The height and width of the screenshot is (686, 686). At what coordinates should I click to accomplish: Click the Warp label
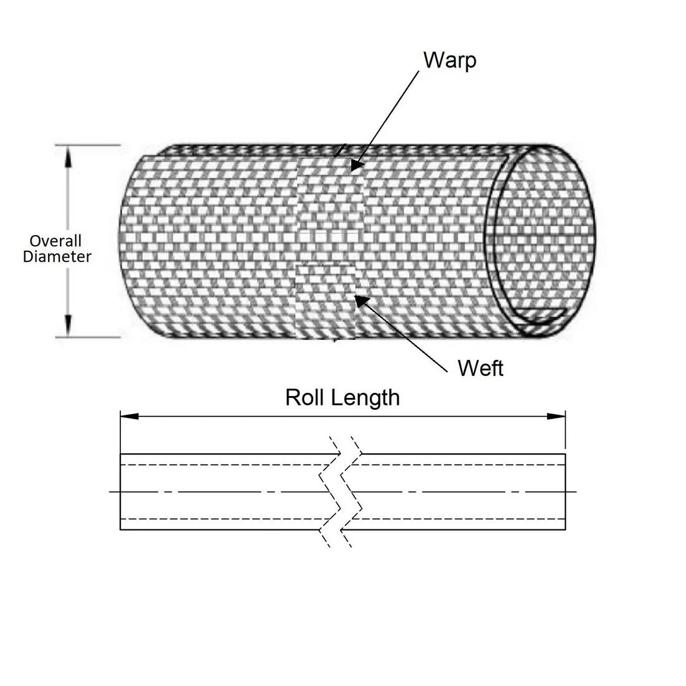(x=450, y=60)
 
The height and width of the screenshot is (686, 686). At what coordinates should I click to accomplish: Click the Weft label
(x=480, y=368)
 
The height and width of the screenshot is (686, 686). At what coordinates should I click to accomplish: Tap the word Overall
(x=56, y=241)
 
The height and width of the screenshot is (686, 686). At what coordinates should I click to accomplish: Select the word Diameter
(x=57, y=256)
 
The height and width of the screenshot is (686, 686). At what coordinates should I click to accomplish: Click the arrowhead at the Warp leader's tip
(x=357, y=165)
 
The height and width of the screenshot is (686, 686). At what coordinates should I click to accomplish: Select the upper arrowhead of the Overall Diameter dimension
(x=68, y=157)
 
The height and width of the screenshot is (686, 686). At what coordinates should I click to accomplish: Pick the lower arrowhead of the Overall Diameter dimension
(x=68, y=326)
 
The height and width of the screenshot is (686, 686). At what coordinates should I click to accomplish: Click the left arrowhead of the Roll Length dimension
(x=130, y=416)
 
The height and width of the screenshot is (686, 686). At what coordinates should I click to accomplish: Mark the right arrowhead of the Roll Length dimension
(x=556, y=416)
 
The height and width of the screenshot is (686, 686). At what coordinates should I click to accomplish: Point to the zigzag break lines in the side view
(x=341, y=491)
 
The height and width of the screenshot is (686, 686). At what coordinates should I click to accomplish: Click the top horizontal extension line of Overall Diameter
(x=87, y=145)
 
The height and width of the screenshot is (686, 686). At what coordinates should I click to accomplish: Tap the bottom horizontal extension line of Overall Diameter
(x=87, y=337)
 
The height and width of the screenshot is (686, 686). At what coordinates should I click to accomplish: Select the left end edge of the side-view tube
(x=120, y=492)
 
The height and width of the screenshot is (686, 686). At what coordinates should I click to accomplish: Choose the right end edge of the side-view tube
(x=565, y=492)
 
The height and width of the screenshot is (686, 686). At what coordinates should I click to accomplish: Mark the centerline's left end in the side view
(x=109, y=492)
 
